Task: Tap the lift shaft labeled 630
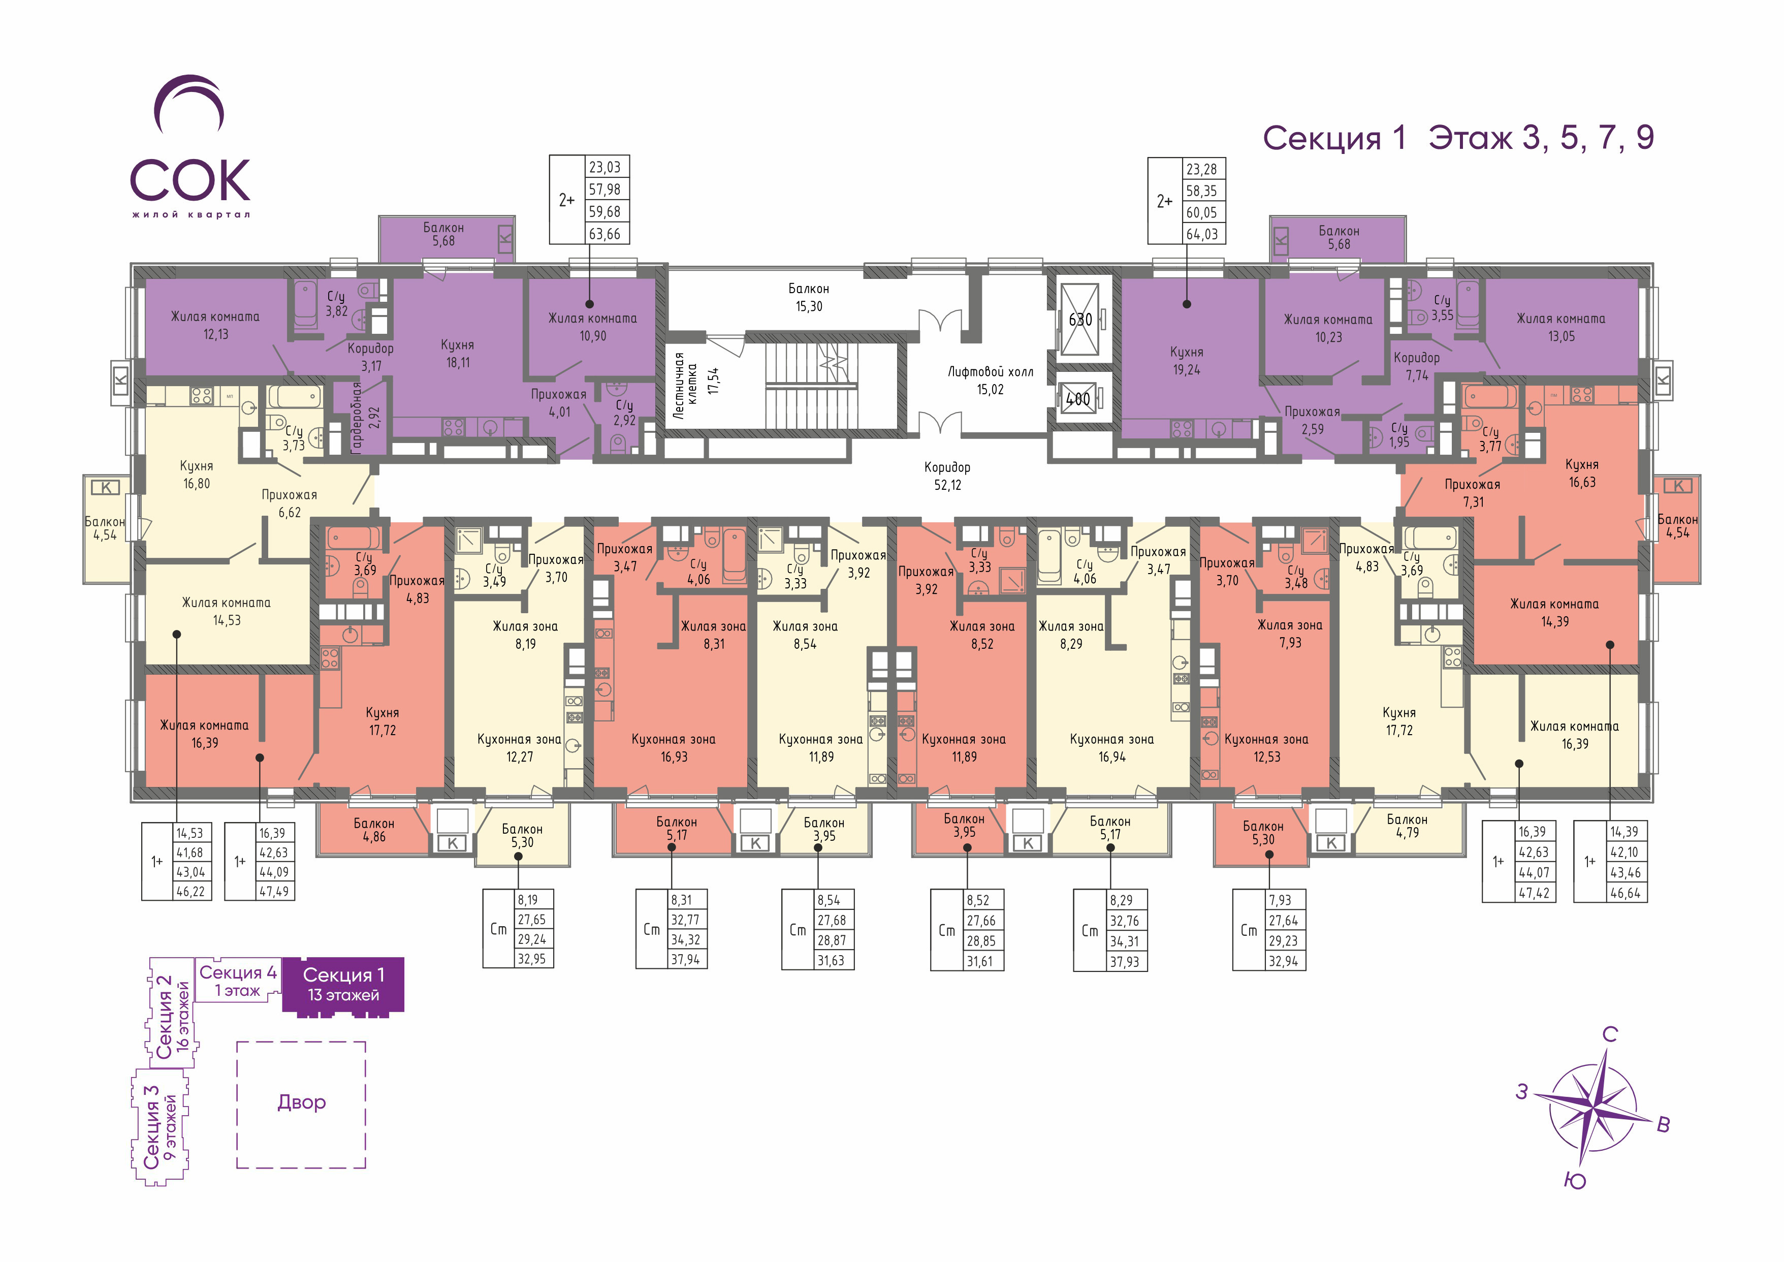click(x=1080, y=320)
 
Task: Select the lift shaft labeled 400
click(x=1078, y=399)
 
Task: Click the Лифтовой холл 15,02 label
click(x=990, y=381)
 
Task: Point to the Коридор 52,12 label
click(x=947, y=476)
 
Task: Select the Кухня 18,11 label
click(x=458, y=354)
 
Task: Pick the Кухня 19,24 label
click(x=1187, y=361)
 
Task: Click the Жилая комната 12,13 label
click(x=215, y=325)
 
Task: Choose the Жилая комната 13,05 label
click(x=1561, y=327)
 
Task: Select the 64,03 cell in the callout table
click(x=1202, y=234)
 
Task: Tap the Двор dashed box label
click(x=301, y=1102)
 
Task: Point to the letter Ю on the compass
click(x=1574, y=1181)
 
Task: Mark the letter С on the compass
click(x=1610, y=1034)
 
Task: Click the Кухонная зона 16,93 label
click(x=674, y=747)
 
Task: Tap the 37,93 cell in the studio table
click(x=1124, y=961)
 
